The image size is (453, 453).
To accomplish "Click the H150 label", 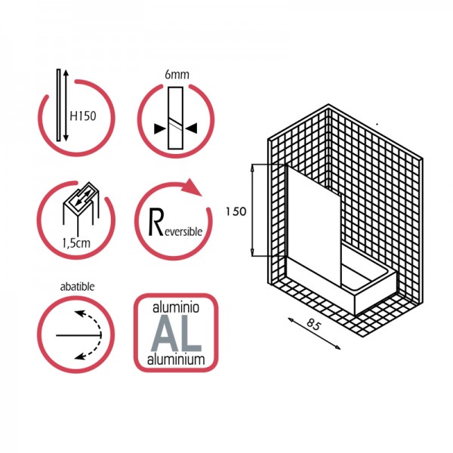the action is (x=82, y=116).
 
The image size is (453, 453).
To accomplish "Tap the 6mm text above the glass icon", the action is (x=177, y=75).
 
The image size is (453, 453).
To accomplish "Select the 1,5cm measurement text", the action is (x=76, y=243).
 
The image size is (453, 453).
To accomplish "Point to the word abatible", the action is (x=77, y=287).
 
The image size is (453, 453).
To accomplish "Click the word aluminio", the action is (x=176, y=308).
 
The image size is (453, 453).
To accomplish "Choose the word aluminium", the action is (x=176, y=359).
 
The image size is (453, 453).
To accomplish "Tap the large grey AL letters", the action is (x=176, y=334).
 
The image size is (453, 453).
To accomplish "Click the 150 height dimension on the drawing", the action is (x=236, y=211).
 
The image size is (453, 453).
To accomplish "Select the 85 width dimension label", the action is (x=313, y=324).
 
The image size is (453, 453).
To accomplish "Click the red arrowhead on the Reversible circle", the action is (x=192, y=187).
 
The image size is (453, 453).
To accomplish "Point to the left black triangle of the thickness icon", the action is (x=160, y=129).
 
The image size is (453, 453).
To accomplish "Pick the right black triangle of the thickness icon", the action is (x=192, y=128).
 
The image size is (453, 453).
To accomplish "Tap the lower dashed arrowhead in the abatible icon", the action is (x=80, y=356).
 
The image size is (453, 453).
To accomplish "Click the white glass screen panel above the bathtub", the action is (x=314, y=225).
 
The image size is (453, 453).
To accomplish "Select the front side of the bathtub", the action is (x=320, y=285).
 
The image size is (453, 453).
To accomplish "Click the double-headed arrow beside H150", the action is (x=66, y=105).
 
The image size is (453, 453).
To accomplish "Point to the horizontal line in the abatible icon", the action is (x=79, y=335).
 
